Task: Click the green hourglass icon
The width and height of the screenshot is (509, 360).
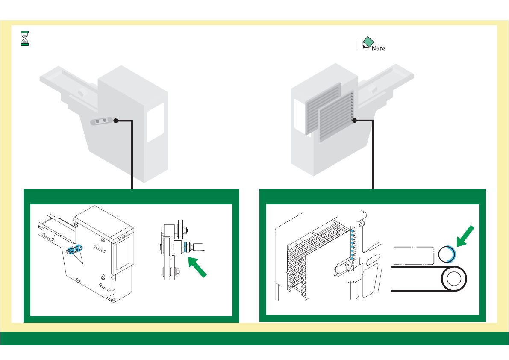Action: (x=25, y=38)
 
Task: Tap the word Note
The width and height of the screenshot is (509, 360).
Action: (x=378, y=49)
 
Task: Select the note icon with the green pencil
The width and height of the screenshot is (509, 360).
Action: (x=363, y=44)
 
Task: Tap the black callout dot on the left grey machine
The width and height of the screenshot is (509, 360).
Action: (x=115, y=121)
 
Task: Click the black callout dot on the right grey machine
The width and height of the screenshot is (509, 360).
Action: (x=355, y=121)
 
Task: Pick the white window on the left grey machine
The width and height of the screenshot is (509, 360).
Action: (x=156, y=122)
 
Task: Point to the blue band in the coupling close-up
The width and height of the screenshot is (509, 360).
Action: (x=185, y=247)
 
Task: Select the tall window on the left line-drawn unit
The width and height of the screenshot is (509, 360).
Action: (x=123, y=254)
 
